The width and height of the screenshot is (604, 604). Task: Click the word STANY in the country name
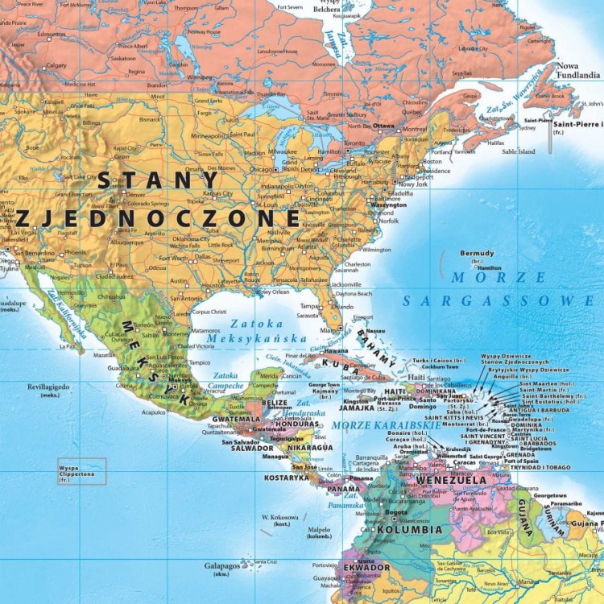point(158,181)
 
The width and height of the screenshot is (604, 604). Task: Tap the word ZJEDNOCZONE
point(157,218)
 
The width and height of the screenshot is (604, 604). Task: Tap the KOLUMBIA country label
point(409,530)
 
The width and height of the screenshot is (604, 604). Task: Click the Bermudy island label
point(477,253)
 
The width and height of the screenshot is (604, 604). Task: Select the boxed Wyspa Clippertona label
point(81,471)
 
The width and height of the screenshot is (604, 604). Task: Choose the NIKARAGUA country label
point(308,447)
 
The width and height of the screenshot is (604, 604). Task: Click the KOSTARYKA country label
point(286,478)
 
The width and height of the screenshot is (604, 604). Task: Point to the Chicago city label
point(262,170)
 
